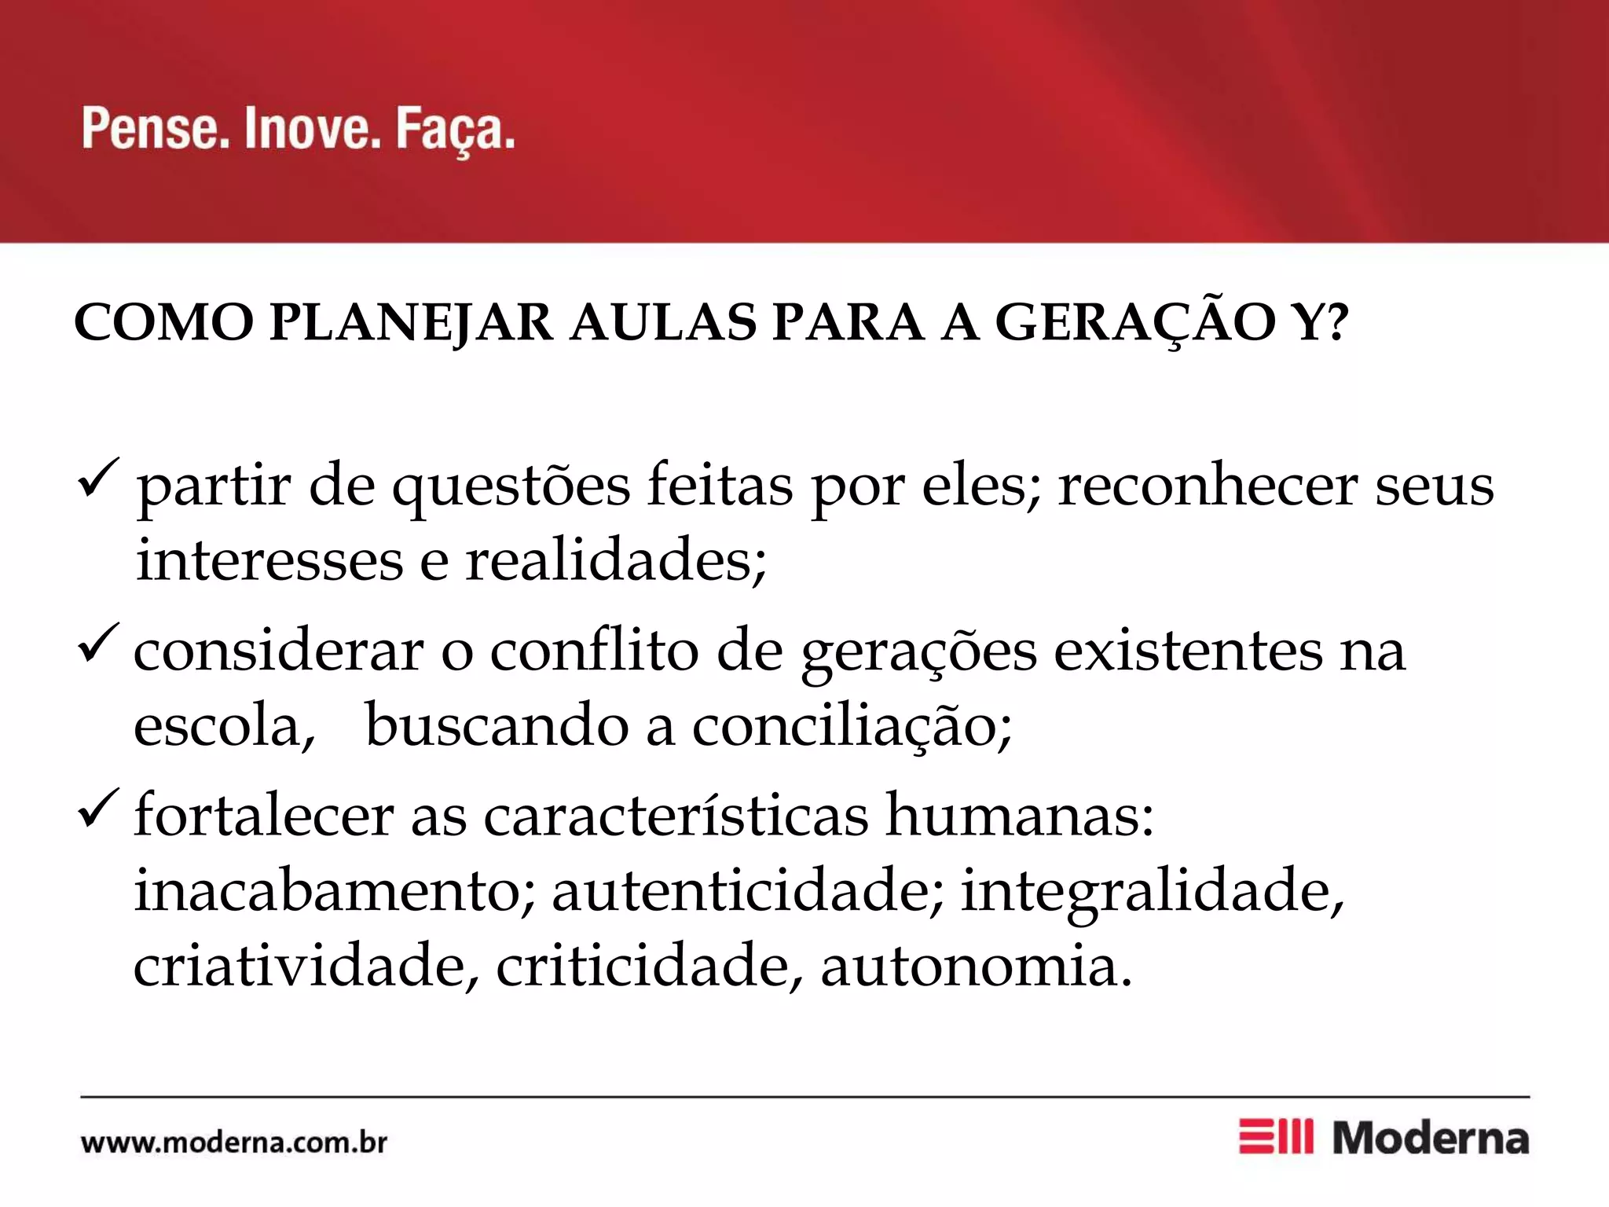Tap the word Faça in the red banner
[455, 130]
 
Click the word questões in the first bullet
[511, 487]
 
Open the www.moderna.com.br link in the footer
[234, 1142]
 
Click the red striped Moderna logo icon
[1275, 1137]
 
